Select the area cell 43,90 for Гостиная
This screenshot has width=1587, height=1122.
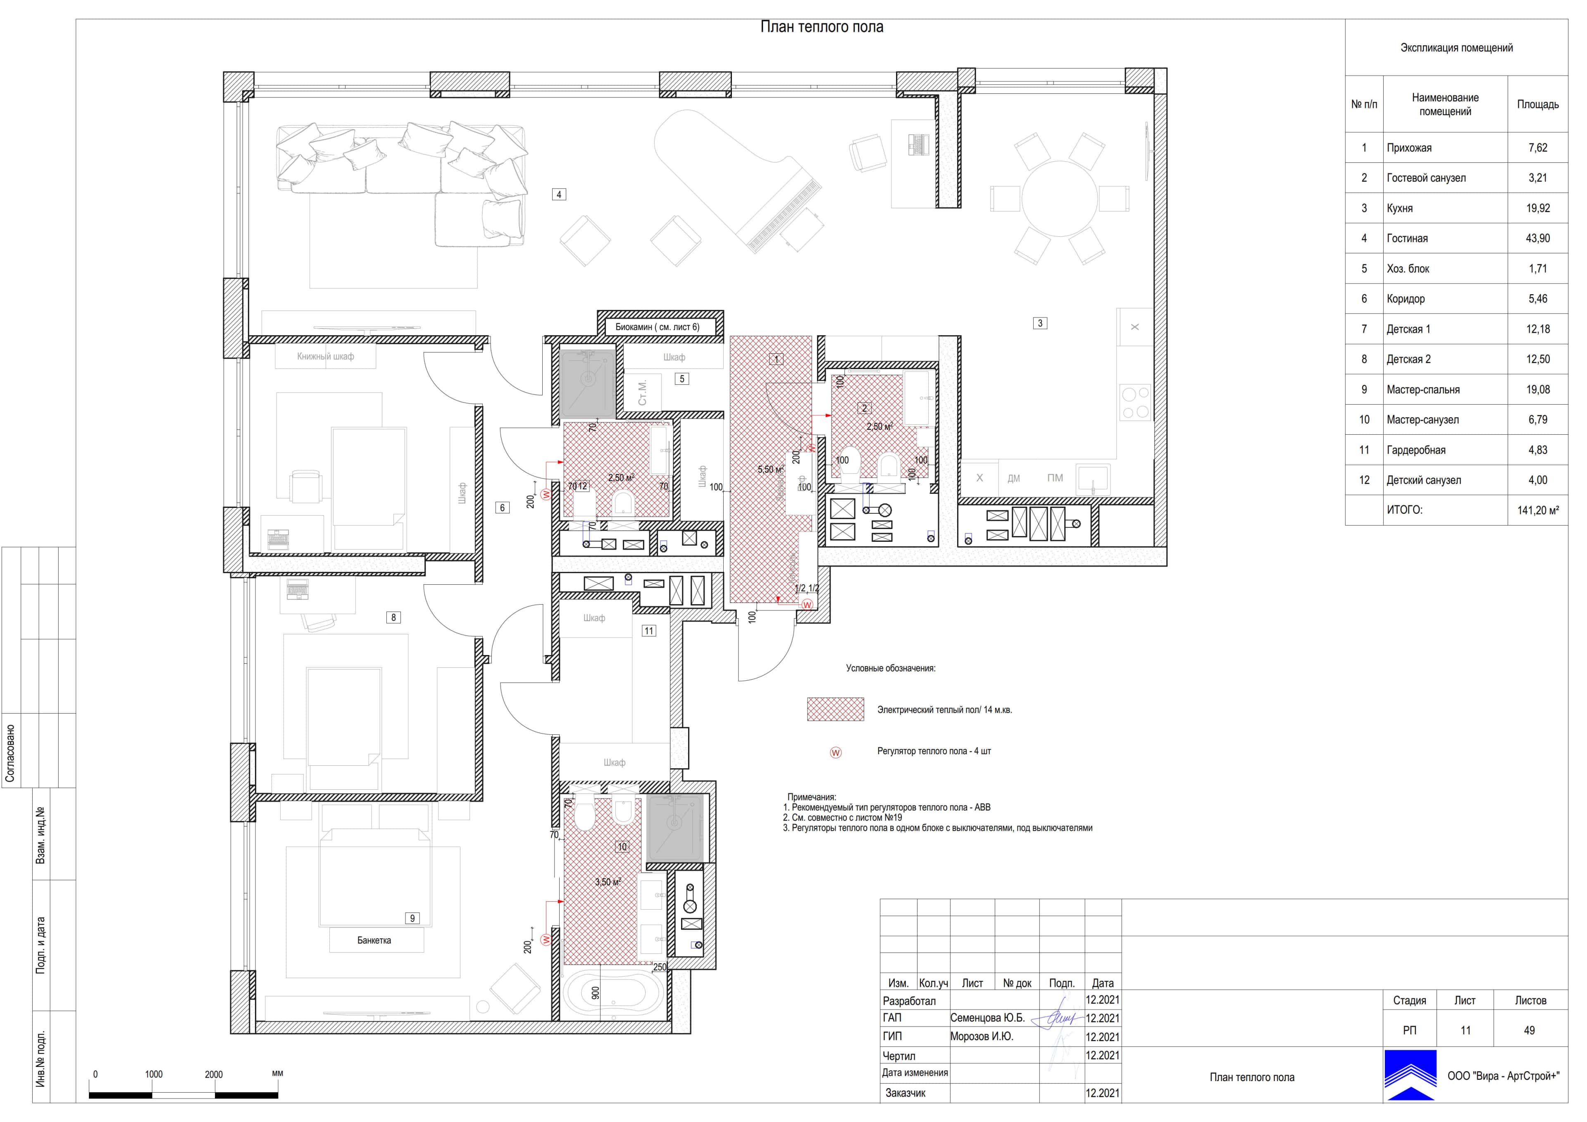coord(1537,238)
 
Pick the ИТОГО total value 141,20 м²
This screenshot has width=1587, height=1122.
coord(1537,510)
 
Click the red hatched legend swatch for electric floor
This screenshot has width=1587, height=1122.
coord(835,709)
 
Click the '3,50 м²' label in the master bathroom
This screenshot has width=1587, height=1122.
coord(608,882)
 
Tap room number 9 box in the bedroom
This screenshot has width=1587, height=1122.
coord(412,918)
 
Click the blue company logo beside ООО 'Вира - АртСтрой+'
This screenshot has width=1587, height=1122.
coord(1410,1075)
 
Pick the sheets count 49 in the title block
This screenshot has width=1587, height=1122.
coord(1529,1030)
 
